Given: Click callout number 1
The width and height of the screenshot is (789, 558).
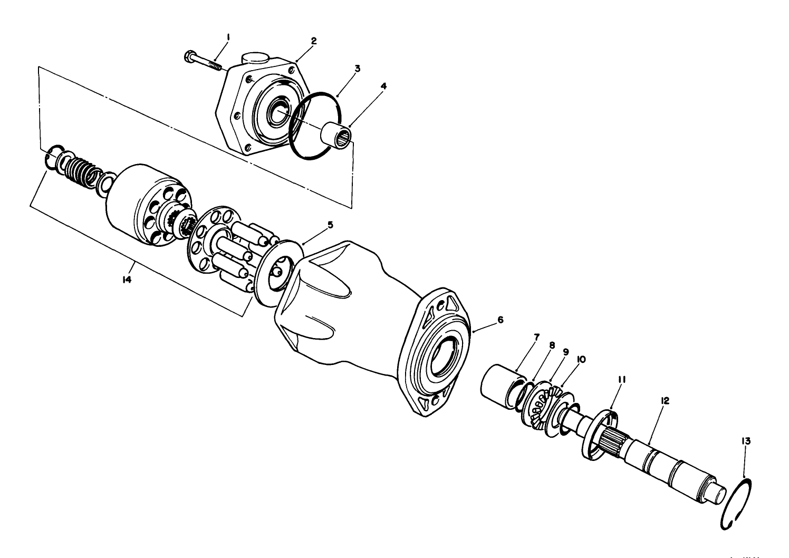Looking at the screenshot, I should [x=228, y=37].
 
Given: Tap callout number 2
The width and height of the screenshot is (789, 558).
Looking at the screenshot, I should [x=313, y=41].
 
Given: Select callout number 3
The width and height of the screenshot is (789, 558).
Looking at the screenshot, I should [x=357, y=69].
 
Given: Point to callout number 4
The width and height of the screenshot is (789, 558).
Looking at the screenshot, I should [x=383, y=85].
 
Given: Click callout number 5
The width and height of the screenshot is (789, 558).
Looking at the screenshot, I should [x=330, y=225].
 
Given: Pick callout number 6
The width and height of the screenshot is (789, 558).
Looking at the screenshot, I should [x=500, y=320].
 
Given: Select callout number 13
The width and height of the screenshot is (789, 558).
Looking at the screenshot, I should [x=746, y=440].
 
